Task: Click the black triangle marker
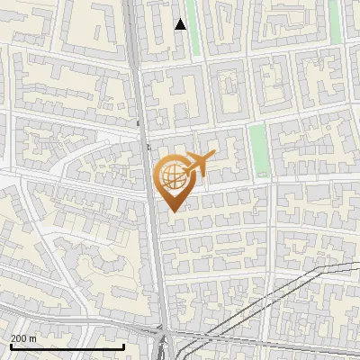coord(181,24)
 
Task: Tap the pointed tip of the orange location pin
coord(172,210)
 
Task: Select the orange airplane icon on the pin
coord(200,164)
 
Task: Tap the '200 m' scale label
coord(22,338)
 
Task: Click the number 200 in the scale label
coord(18,338)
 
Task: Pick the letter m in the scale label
coord(32,339)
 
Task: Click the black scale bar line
coord(67,347)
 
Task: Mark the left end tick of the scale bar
coord(11,346)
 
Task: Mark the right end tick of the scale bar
coord(123,346)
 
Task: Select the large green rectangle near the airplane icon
coord(258,148)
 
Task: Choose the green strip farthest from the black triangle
coord(336,22)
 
